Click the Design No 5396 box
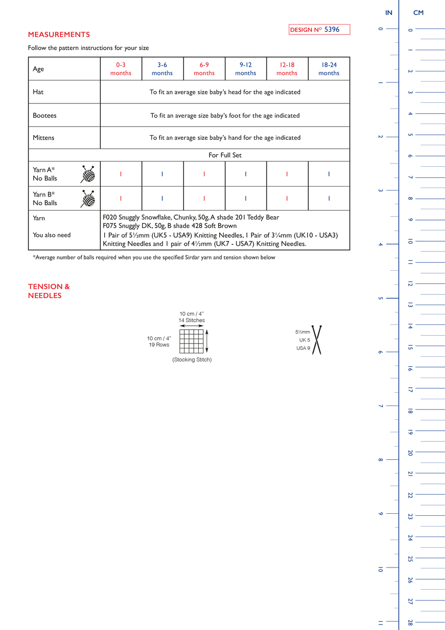click(319, 30)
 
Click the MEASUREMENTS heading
click(59, 34)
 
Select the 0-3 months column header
click(121, 69)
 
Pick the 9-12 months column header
click(245, 69)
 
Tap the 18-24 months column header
click(329, 69)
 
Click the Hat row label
click(38, 92)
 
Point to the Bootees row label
click(45, 116)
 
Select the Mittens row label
click(44, 138)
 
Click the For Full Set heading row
click(225, 155)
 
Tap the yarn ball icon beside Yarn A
click(88, 174)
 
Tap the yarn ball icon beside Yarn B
click(88, 199)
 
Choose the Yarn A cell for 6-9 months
click(204, 174)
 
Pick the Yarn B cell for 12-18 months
click(287, 199)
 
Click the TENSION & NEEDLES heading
click(49, 291)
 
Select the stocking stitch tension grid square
click(191, 341)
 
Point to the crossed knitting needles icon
click(316, 340)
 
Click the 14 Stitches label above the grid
click(191, 320)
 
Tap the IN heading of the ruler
click(388, 13)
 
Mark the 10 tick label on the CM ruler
click(410, 241)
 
